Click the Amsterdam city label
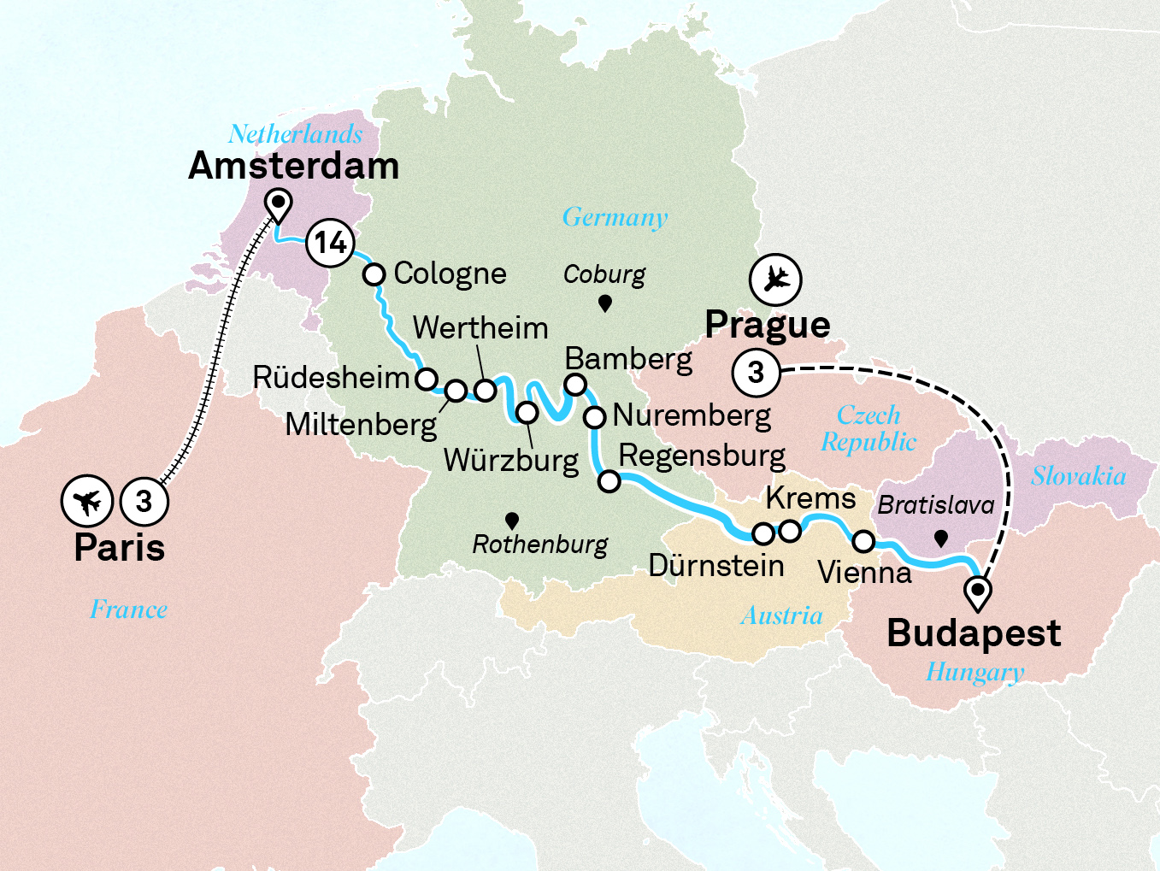tap(293, 166)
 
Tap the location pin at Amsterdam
tap(278, 204)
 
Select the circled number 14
tap(330, 243)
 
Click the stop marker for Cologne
tap(374, 274)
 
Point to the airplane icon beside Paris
tap(87, 501)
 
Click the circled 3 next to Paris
tap(144, 501)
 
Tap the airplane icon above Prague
tap(775, 280)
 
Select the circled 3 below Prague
tap(756, 373)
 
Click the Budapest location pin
tap(977, 591)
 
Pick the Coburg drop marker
tap(604, 303)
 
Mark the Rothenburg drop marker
tap(512, 521)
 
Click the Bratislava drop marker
tap(940, 538)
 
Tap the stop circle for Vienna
tap(863, 541)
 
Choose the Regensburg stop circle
tap(609, 481)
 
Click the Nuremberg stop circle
tap(595, 417)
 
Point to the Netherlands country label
tap(295, 134)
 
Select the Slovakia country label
tap(1078, 476)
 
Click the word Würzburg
tap(511, 461)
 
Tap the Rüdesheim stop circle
tap(426, 379)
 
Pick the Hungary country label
tap(975, 673)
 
